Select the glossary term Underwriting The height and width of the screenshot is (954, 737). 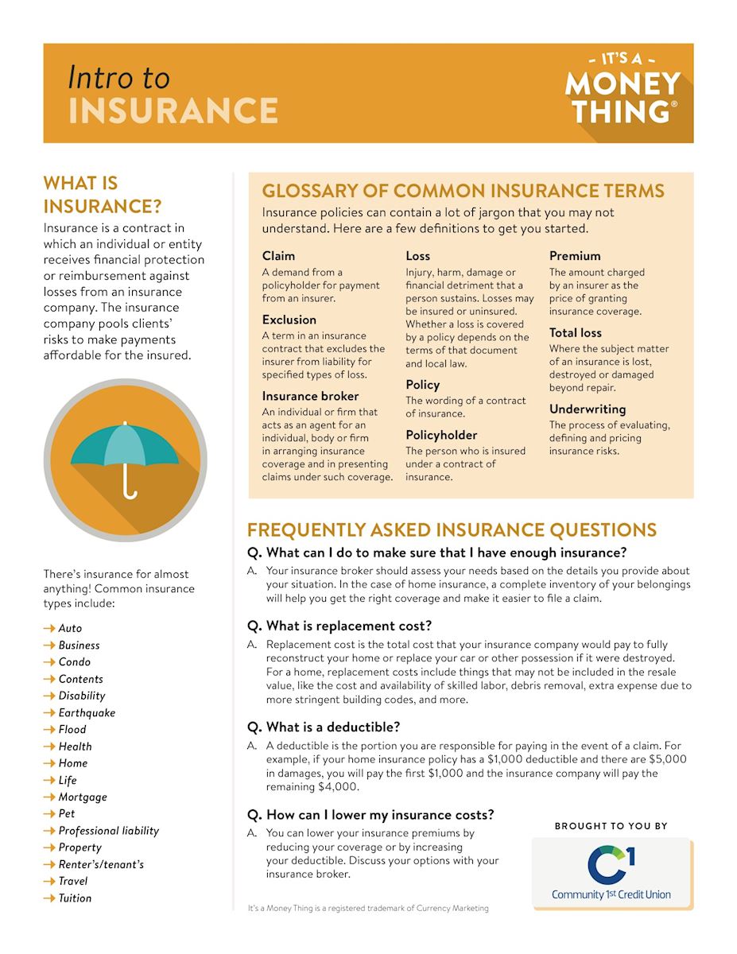point(588,409)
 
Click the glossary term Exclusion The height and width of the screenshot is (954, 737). point(289,320)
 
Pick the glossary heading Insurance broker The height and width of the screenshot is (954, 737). point(310,396)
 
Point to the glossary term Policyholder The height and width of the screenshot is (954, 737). point(441,435)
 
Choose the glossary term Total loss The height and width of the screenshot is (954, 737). point(575,333)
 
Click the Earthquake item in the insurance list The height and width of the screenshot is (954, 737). point(87,713)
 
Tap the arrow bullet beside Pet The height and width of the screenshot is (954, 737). point(49,814)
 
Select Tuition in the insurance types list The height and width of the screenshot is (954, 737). point(75,898)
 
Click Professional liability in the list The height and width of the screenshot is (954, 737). point(109,831)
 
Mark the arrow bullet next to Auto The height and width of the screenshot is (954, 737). point(49,629)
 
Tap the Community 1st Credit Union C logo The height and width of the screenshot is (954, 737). point(611,865)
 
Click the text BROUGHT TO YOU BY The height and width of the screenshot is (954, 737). point(611,827)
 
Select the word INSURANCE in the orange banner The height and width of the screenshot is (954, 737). point(173,111)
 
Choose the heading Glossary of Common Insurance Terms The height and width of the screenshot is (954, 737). point(463,192)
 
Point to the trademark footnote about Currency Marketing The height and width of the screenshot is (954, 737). point(368,908)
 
